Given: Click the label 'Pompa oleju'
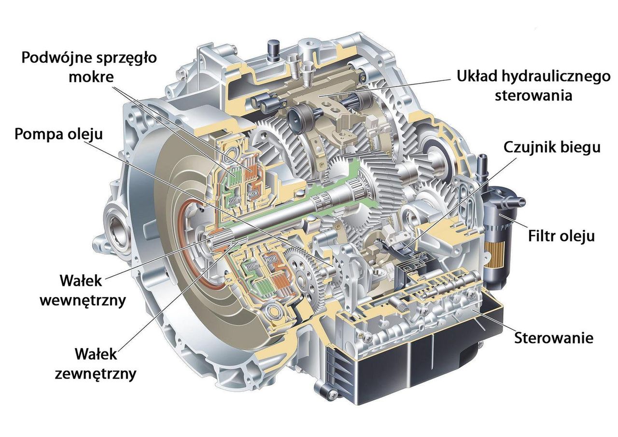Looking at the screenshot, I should point(58,134).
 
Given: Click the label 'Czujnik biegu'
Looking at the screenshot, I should point(552,147).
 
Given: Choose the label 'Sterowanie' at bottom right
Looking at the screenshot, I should point(553,338).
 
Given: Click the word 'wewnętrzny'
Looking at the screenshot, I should point(83,300).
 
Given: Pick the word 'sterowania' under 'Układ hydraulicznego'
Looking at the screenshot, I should point(534,96).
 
